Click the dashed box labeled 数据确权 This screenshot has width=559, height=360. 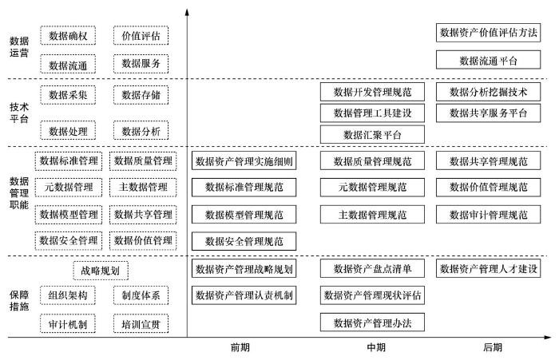pyautogui.click(x=68, y=35)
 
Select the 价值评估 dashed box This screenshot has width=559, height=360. pyautogui.click(x=141, y=35)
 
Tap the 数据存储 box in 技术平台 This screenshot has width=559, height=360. pyautogui.click(x=141, y=96)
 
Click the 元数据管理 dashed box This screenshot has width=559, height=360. pyautogui.click(x=68, y=188)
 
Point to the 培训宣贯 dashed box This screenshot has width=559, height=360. pyautogui.click(x=141, y=324)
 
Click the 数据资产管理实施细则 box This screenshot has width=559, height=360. pyautogui.click(x=244, y=161)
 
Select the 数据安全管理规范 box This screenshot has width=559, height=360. pyautogui.click(x=244, y=241)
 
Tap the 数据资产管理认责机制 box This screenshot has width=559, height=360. pyautogui.click(x=244, y=295)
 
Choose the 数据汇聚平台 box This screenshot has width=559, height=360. pyautogui.click(x=372, y=134)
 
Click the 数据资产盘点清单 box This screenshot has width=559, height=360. pyautogui.click(x=372, y=268)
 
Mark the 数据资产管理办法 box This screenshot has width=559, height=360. pyautogui.click(x=372, y=322)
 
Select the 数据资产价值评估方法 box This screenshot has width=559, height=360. pyautogui.click(x=488, y=33)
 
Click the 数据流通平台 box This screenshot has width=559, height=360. pyautogui.click(x=488, y=60)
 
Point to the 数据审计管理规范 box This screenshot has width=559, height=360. pyautogui.click(x=488, y=215)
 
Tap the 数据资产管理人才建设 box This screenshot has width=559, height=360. pyautogui.click(x=488, y=268)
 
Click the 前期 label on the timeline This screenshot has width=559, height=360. pyautogui.click(x=239, y=347)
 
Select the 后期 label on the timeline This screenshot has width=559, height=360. pyautogui.click(x=492, y=347)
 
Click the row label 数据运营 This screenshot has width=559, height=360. pyautogui.click(x=18, y=47)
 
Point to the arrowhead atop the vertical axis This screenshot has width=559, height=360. pyautogui.click(x=186, y=11)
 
